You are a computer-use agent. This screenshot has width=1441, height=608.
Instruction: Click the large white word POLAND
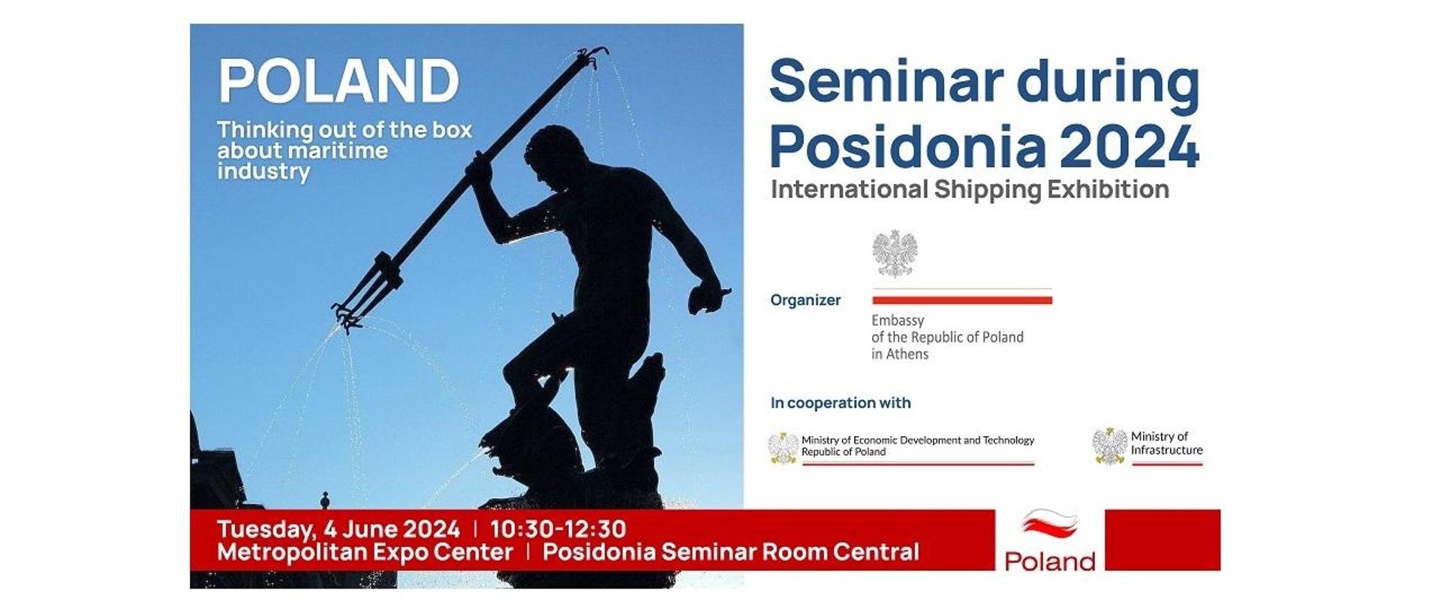[338, 81]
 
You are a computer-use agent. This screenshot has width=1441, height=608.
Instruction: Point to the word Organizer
[805, 300]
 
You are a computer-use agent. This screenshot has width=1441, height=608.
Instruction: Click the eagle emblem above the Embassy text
[895, 254]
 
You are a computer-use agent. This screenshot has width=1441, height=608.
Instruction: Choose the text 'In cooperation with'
[841, 403]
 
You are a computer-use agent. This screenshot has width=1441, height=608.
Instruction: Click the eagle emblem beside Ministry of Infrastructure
[1109, 446]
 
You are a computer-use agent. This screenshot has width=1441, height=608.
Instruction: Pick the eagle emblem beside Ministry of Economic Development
[784, 448]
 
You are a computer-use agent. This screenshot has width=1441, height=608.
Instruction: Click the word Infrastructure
[1166, 450]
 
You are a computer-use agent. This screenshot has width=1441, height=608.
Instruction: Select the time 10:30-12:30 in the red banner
[558, 529]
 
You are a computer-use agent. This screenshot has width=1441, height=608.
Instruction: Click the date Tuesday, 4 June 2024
[338, 529]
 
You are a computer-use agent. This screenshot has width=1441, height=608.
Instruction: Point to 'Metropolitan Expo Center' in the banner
[365, 552]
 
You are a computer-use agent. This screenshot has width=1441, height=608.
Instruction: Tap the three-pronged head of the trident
[366, 293]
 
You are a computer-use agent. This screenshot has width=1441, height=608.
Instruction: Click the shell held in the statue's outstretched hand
[705, 299]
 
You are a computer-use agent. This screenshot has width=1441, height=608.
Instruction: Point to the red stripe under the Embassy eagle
[961, 300]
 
